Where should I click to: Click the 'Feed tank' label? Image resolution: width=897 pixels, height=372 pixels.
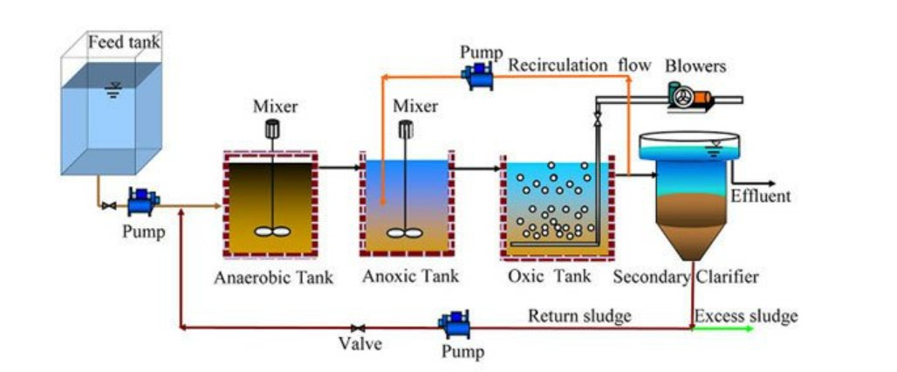[124, 41]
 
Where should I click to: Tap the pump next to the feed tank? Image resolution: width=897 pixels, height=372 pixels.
[141, 203]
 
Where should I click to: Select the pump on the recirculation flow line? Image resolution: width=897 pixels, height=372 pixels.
[479, 76]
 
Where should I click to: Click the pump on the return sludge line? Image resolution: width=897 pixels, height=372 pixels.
[455, 324]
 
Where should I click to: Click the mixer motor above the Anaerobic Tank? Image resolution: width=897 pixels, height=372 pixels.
[272, 129]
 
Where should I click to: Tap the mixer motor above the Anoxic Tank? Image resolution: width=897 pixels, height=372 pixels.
[406, 129]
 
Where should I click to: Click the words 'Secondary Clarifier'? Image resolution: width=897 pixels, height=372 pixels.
[686, 278]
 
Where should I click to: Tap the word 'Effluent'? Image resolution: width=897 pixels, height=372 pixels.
[761, 196]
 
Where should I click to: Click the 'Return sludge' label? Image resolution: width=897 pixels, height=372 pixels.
[579, 315]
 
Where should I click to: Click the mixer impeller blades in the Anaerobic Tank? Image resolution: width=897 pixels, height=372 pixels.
[272, 232]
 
